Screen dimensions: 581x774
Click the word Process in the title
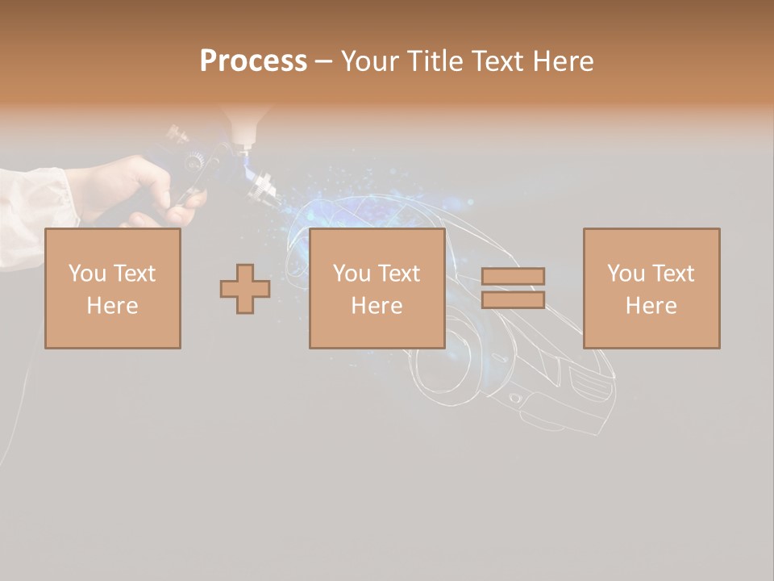tap(253, 61)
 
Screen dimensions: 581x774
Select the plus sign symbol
tap(245, 289)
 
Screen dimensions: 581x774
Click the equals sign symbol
tap(513, 288)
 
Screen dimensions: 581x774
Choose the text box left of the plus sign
tap(112, 289)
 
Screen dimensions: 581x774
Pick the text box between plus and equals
tap(377, 289)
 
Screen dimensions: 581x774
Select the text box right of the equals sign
tap(651, 289)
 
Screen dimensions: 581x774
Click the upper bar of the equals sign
tap(513, 277)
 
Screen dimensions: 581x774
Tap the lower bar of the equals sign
tap(513, 299)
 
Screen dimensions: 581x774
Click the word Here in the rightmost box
tap(651, 306)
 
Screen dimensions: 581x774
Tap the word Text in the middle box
tap(398, 274)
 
